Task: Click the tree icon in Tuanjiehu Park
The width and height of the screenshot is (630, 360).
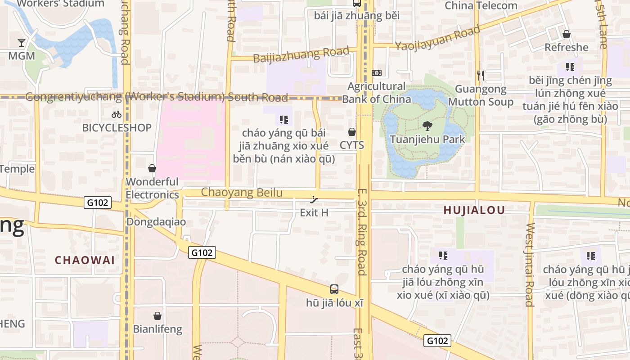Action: click(x=427, y=126)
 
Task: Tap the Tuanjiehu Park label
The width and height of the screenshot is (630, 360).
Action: click(x=427, y=139)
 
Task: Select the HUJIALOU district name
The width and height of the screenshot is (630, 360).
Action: click(x=474, y=210)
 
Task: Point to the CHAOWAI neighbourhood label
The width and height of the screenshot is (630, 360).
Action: click(x=85, y=260)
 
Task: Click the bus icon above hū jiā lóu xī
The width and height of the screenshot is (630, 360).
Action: click(x=334, y=289)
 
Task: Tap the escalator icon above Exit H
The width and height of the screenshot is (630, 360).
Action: click(x=315, y=199)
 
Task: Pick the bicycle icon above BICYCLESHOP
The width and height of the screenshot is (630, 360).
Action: click(x=117, y=114)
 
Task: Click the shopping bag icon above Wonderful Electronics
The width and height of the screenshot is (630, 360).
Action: click(x=152, y=168)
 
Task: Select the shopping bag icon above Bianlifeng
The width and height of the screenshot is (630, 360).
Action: click(x=157, y=316)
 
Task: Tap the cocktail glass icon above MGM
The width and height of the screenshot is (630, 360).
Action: click(x=21, y=43)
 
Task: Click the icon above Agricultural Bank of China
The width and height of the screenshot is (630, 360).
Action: click(x=377, y=73)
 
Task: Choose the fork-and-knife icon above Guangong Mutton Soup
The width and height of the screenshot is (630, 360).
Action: click(x=481, y=75)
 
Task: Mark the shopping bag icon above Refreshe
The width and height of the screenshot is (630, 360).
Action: click(x=567, y=34)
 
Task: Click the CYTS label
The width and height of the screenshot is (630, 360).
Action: click(x=352, y=145)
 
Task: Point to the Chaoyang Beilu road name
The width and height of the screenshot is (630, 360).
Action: click(x=242, y=193)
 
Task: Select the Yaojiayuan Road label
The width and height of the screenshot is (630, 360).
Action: click(x=437, y=39)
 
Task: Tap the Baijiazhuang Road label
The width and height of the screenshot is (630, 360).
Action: click(x=301, y=55)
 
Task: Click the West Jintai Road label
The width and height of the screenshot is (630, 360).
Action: click(x=529, y=265)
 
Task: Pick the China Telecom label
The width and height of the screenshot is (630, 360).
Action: click(x=481, y=6)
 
